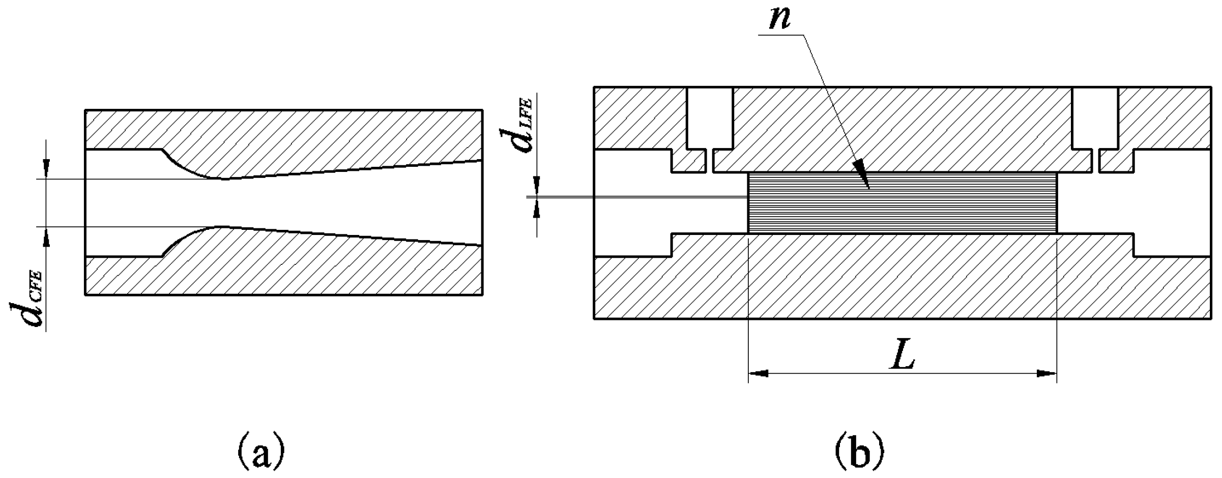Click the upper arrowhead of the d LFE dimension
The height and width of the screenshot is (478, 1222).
tap(537, 187)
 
